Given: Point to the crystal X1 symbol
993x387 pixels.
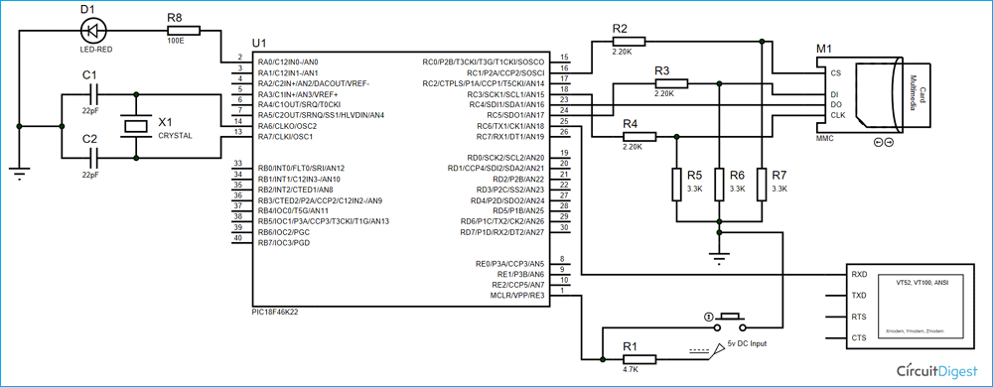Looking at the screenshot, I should [135, 126].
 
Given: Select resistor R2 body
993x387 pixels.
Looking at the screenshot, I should [629, 41].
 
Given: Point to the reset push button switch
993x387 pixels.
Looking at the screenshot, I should [731, 321].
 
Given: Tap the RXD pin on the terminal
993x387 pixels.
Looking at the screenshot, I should [859, 275].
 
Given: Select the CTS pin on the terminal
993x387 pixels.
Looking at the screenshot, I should [859, 338].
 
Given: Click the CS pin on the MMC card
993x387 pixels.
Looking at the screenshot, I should [834, 71].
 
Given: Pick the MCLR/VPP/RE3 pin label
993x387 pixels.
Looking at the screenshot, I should [518, 295].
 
